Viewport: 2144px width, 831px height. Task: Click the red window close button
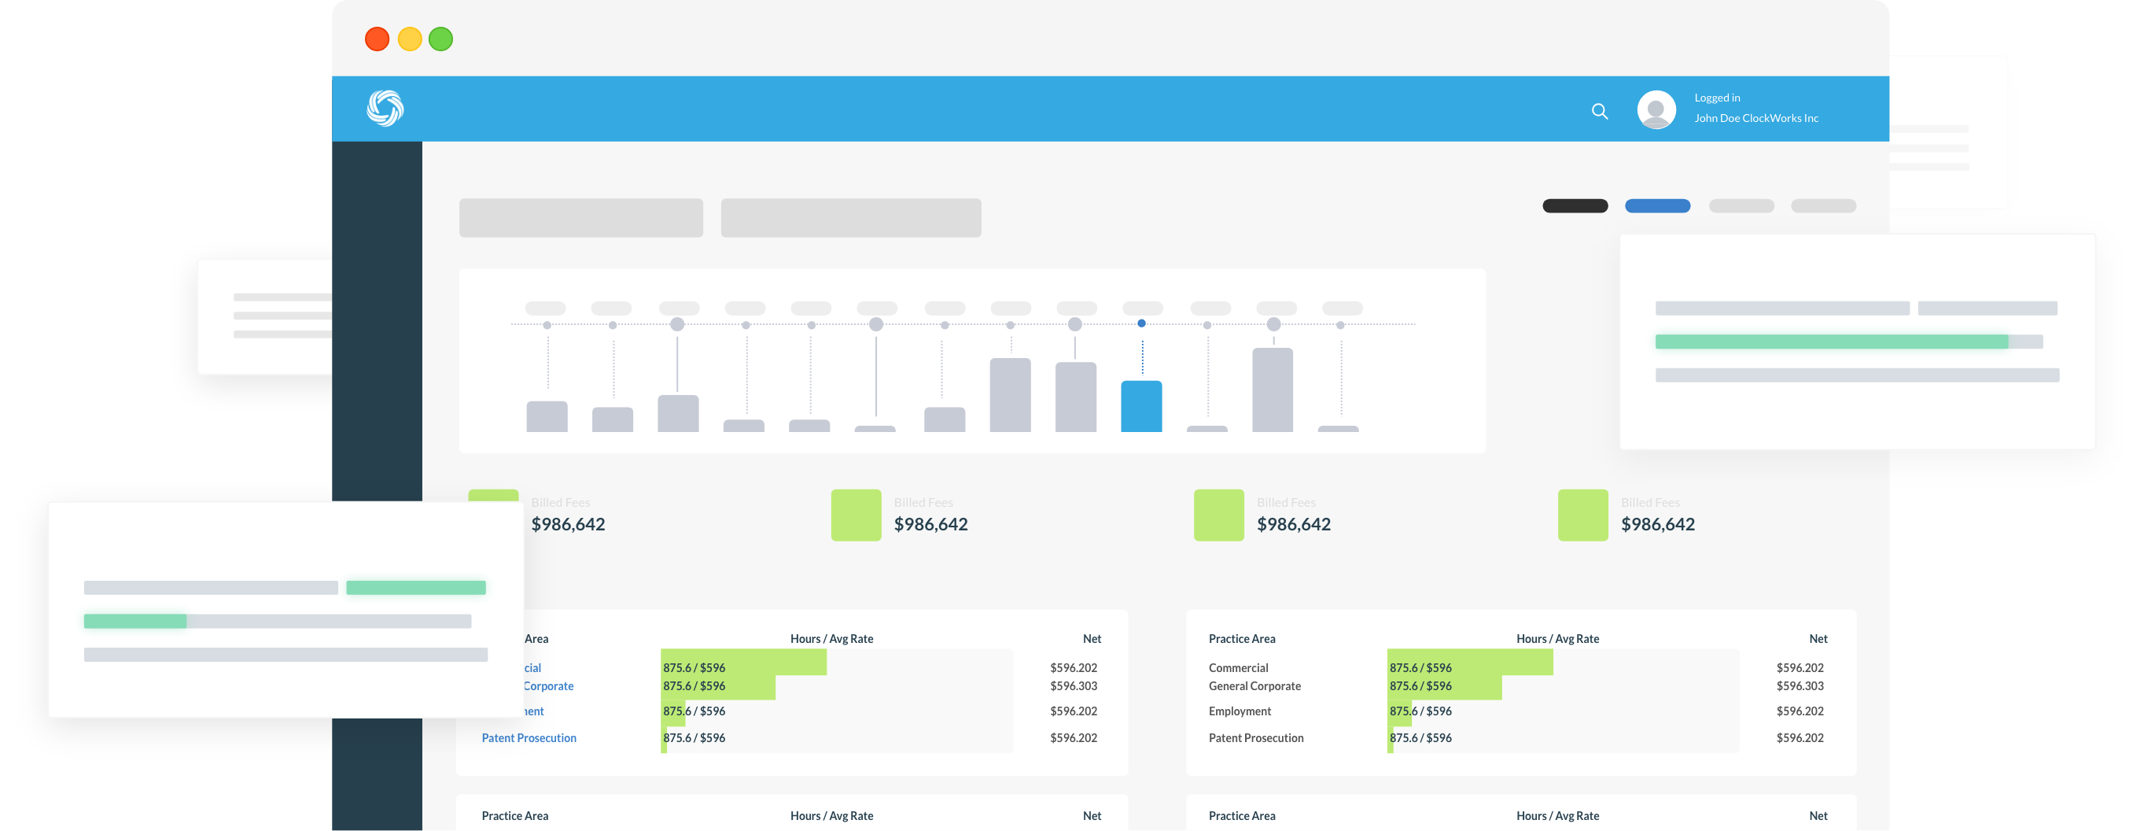tap(377, 39)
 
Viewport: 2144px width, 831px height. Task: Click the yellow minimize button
tap(410, 39)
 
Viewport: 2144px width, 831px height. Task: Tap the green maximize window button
tap(441, 39)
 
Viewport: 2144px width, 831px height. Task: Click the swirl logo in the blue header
tap(385, 109)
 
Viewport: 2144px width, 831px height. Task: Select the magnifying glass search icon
tap(1599, 111)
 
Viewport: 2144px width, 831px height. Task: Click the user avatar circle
tap(1656, 109)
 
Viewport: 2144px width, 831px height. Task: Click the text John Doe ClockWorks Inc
tap(1756, 118)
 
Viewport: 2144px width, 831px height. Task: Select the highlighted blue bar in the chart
tap(1141, 406)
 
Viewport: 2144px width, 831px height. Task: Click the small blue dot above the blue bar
tap(1141, 323)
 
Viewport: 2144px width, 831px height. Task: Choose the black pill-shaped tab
tap(1575, 205)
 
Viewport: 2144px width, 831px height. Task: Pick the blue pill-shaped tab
tap(1657, 205)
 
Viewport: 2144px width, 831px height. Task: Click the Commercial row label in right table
tap(1239, 668)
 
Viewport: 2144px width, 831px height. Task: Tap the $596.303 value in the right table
tap(1800, 686)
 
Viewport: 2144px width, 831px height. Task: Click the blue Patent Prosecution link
tap(529, 737)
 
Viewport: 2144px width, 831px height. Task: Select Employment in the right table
tap(1240, 711)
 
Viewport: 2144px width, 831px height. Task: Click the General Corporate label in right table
tap(1254, 686)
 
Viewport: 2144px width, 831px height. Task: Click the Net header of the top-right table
tap(1818, 639)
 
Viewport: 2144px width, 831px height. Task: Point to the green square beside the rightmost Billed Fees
tap(1582, 515)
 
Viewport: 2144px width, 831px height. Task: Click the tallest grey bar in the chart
tap(1273, 390)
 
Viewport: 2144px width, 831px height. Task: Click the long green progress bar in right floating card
tap(1831, 342)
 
